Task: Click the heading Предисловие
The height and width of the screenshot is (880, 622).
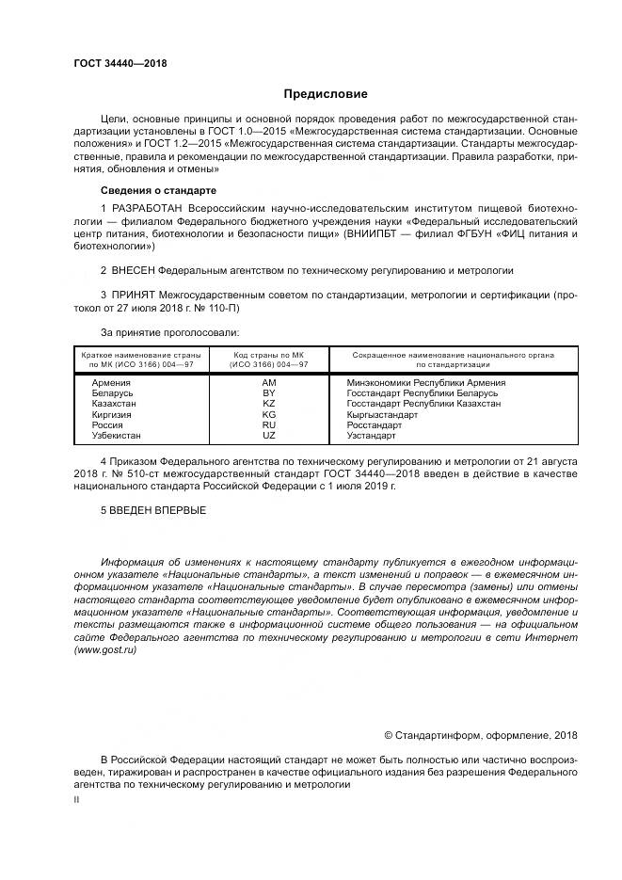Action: pyautogui.click(x=326, y=94)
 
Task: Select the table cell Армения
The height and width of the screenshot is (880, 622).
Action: pyautogui.click(x=111, y=383)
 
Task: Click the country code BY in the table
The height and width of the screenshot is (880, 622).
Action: pyautogui.click(x=269, y=393)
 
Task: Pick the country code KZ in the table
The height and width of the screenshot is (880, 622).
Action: pyautogui.click(x=269, y=404)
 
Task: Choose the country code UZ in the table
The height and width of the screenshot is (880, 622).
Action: pyautogui.click(x=269, y=435)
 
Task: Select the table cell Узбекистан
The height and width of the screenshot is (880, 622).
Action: pyautogui.click(x=117, y=435)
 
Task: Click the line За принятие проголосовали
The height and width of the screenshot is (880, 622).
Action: pyautogui.click(x=169, y=332)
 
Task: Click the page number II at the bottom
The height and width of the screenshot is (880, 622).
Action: pyautogui.click(x=77, y=798)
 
